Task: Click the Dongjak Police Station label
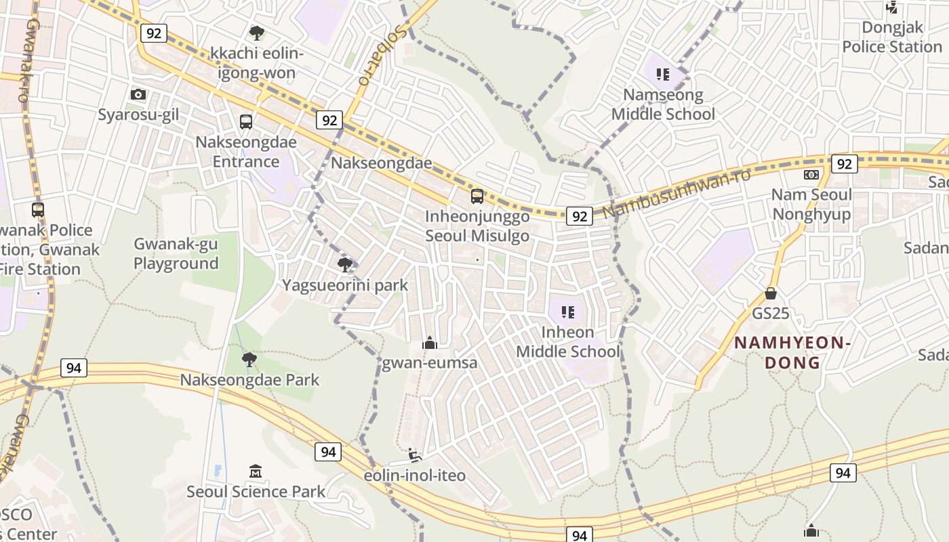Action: click(x=892, y=37)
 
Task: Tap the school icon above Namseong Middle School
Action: click(x=662, y=74)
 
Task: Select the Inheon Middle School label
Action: click(x=567, y=342)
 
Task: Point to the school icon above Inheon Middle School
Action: click(x=568, y=312)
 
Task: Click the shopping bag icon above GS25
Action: click(x=770, y=293)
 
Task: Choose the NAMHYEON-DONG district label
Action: click(x=792, y=352)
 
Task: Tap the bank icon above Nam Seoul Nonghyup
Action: click(x=811, y=175)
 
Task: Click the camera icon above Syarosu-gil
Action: click(x=138, y=94)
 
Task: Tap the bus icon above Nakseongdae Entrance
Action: click(x=246, y=122)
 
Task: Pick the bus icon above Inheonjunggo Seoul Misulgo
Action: click(x=477, y=196)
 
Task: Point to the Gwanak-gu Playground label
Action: click(x=176, y=253)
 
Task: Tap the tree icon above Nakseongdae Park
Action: click(x=249, y=359)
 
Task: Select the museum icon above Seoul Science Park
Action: click(x=256, y=471)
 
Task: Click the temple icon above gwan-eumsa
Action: click(x=429, y=343)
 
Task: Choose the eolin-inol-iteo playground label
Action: click(x=415, y=476)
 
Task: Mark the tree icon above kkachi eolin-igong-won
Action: click(x=256, y=33)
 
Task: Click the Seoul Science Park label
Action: click(x=256, y=491)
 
